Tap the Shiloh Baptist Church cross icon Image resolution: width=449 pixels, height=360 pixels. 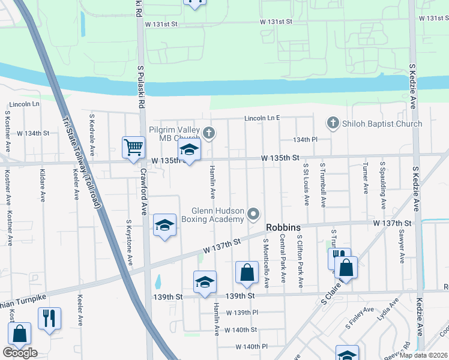[x=333, y=124]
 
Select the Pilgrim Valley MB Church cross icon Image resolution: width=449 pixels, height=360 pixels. [x=208, y=133]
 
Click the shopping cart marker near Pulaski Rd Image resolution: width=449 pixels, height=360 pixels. [x=133, y=147]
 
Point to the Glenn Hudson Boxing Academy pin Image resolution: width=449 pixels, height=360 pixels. [x=254, y=214]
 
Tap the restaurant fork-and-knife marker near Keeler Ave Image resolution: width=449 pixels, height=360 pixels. [x=49, y=318]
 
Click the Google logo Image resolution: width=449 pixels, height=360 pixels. [x=20, y=353]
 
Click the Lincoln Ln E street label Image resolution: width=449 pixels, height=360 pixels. [x=262, y=118]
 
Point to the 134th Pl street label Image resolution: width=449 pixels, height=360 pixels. [x=305, y=139]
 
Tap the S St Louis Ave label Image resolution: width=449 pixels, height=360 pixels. [x=306, y=184]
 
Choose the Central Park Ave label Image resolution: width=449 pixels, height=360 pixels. [x=282, y=259]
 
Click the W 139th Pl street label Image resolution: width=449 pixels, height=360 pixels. [x=242, y=313]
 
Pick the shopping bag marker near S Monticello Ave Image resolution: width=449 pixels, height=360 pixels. [x=247, y=273]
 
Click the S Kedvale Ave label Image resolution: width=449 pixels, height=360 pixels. [x=92, y=133]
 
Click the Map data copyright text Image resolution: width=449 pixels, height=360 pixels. [x=422, y=355]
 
